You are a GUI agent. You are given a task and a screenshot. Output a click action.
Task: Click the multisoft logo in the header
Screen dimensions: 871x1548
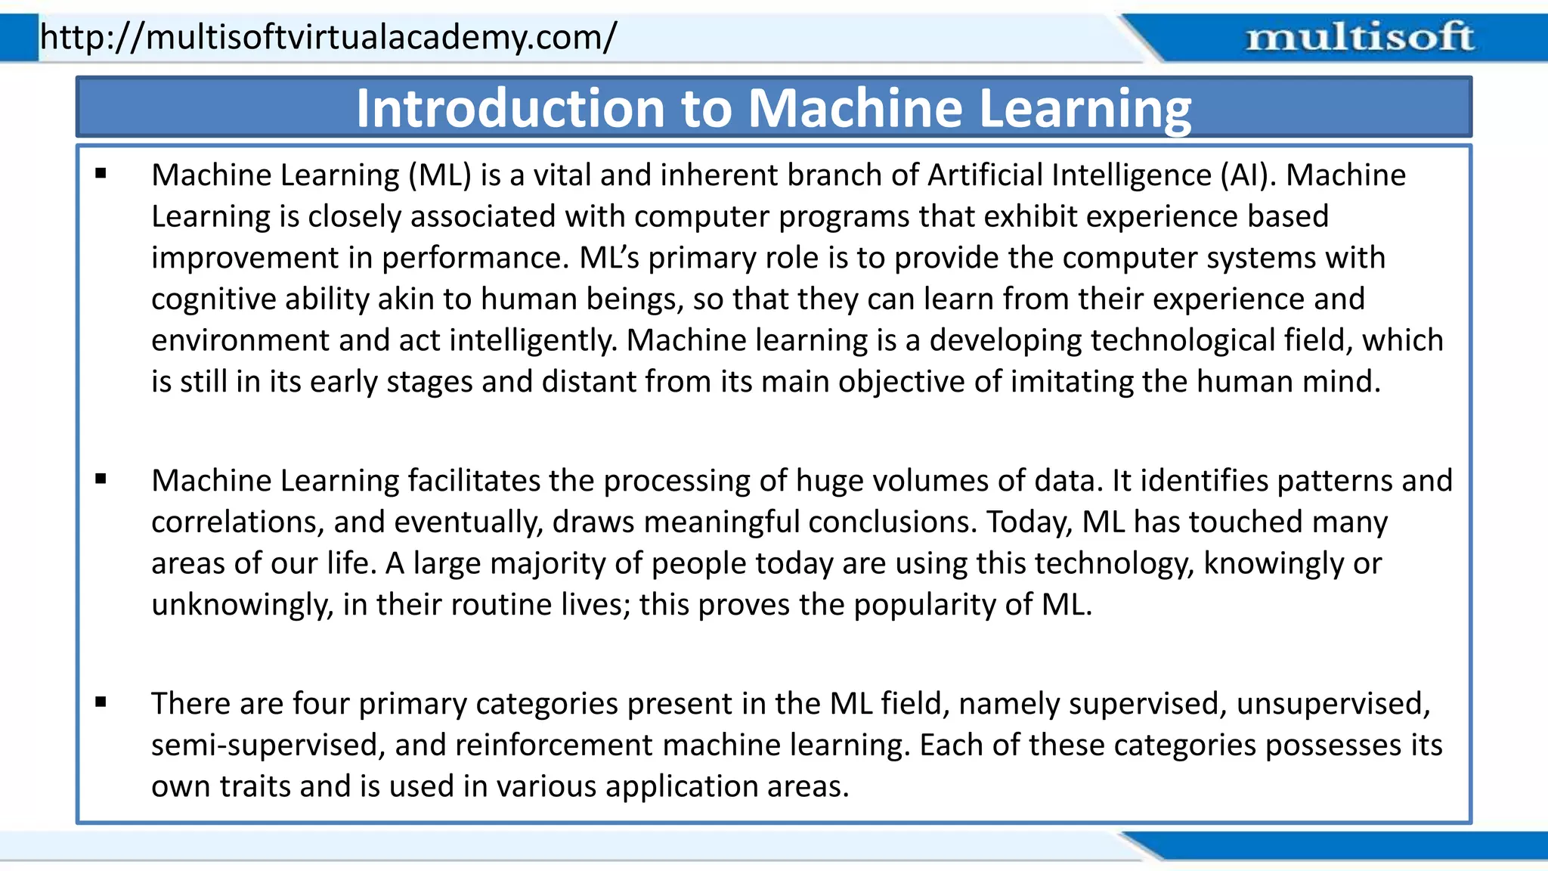click(x=1359, y=37)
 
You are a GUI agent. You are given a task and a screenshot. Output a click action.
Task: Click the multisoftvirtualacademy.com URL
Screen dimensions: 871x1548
click(x=328, y=36)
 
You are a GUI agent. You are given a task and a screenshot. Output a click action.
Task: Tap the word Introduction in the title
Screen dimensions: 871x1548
click(x=511, y=108)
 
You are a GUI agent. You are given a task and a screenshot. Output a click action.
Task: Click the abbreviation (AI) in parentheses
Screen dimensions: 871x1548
click(x=1248, y=175)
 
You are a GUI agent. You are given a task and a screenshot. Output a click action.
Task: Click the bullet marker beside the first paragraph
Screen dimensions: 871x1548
click(x=101, y=174)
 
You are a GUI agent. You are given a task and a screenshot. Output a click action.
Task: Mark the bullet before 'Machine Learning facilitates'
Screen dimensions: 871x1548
click(x=101, y=479)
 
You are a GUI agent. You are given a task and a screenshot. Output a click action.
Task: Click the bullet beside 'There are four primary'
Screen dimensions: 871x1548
click(x=101, y=702)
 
